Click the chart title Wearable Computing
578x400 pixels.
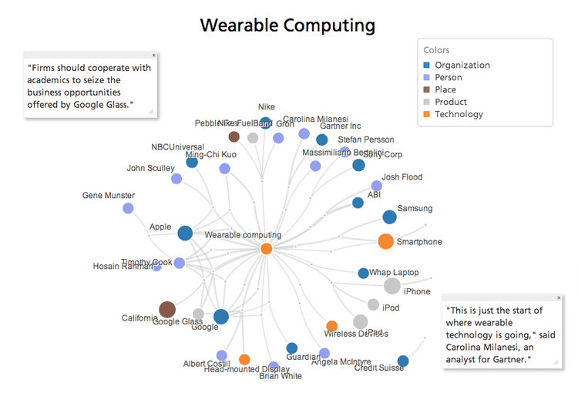(x=287, y=25)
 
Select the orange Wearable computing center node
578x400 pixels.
(x=267, y=248)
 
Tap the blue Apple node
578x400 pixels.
(x=185, y=233)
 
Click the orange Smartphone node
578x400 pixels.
(x=385, y=241)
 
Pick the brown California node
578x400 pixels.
(x=167, y=310)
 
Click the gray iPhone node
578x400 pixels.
(x=392, y=287)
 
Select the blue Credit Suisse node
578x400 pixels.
(x=402, y=361)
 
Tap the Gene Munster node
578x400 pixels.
(x=128, y=208)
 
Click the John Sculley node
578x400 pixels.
(x=176, y=179)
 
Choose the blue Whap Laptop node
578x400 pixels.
(x=363, y=273)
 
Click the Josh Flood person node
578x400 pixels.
(x=377, y=186)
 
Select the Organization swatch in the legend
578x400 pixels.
(x=427, y=66)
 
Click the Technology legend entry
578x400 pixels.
(x=459, y=114)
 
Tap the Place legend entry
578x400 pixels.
(x=445, y=89)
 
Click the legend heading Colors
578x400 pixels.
(x=439, y=50)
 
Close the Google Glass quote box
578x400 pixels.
(x=153, y=55)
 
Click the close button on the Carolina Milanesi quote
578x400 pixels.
(x=559, y=297)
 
